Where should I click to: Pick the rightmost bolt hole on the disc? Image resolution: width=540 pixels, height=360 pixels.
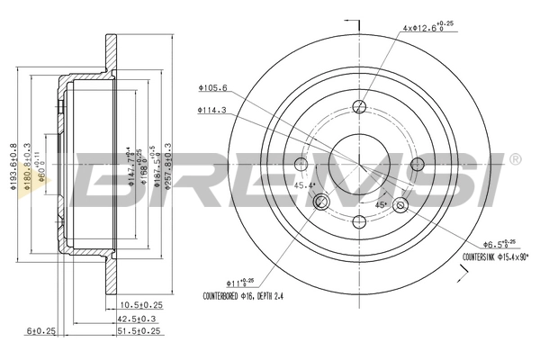click(417, 164)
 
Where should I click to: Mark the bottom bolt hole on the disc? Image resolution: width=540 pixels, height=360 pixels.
click(359, 221)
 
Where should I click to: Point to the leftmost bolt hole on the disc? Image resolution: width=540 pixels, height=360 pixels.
click(302, 164)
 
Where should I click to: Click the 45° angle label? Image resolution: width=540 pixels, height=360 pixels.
click(380, 204)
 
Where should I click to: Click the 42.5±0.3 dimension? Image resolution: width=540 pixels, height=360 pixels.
click(138, 319)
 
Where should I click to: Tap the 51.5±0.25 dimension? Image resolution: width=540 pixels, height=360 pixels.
click(138, 331)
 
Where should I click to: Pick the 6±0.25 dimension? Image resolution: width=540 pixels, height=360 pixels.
click(42, 331)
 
